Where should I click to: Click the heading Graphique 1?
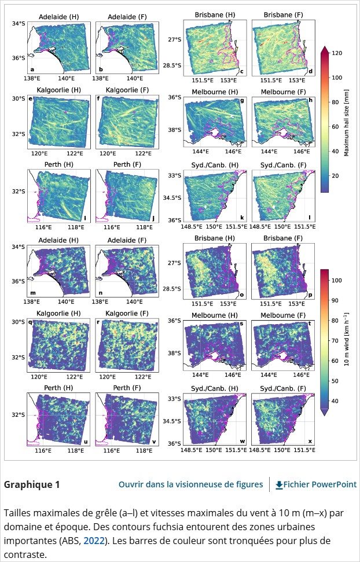[x=32, y=484]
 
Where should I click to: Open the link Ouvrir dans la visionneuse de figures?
[x=190, y=484]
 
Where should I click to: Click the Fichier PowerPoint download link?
[x=320, y=484]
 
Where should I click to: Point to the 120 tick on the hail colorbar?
[x=334, y=52]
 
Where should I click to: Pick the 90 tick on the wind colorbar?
[x=334, y=300]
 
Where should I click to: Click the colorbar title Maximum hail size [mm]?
[x=346, y=119]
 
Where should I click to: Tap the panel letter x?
[x=309, y=441]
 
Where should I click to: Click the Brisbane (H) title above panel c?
[x=215, y=14]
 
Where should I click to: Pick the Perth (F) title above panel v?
[x=127, y=388]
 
